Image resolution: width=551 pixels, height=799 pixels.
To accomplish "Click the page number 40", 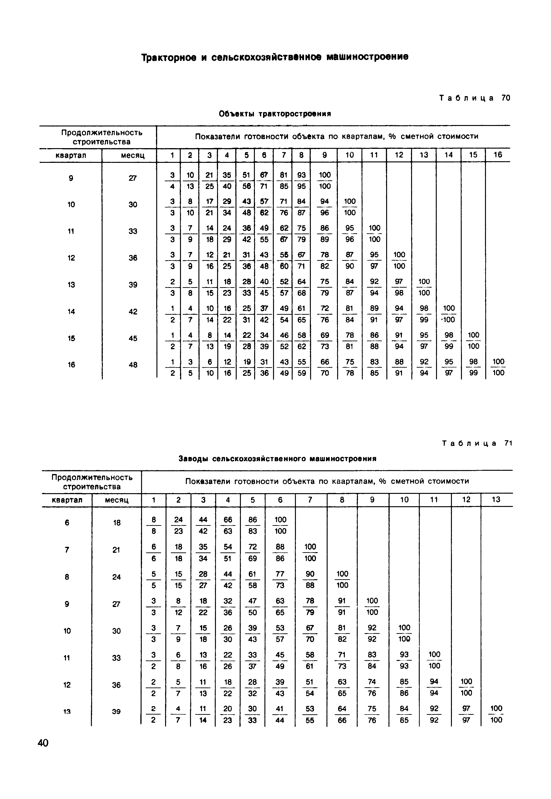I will (x=43, y=743).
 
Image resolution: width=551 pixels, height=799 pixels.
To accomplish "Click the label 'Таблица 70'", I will (x=474, y=98).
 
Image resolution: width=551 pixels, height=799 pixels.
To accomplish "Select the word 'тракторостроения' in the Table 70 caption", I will (x=295, y=114).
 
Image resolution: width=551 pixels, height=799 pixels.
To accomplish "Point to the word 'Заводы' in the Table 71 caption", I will (x=193, y=459).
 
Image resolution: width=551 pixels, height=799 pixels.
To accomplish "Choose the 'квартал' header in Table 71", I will (x=67, y=500).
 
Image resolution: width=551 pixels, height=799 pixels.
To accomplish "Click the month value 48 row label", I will (x=133, y=365).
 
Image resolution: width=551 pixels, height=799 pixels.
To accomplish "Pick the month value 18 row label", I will (x=117, y=523).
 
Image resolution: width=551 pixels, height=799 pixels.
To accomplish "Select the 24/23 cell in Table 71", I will (x=178, y=525).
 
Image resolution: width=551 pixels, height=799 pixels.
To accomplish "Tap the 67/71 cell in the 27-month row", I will (x=264, y=181).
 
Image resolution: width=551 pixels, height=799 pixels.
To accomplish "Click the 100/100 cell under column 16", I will (x=498, y=367).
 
